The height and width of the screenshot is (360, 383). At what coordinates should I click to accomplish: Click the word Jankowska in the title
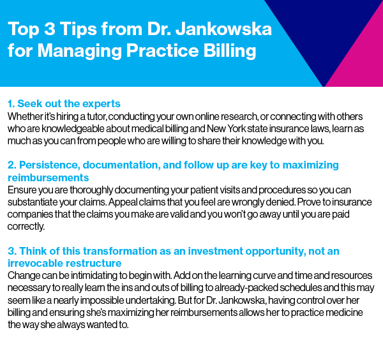[x=224, y=29]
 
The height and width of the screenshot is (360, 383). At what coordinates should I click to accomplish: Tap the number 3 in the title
[x=50, y=29]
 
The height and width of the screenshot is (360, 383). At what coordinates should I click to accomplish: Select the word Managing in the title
[x=79, y=51]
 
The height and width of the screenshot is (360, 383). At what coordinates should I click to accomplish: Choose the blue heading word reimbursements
[x=48, y=178]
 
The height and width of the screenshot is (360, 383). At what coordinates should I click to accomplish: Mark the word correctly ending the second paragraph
[x=26, y=227]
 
